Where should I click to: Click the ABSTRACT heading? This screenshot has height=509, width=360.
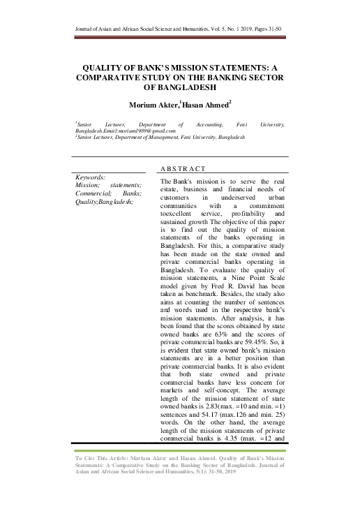(x=183, y=170)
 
